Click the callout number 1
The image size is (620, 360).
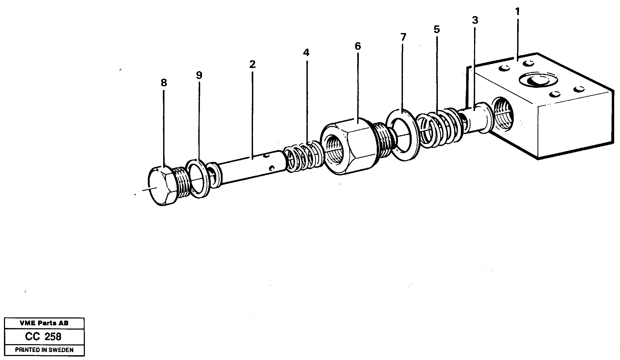(x=517, y=12)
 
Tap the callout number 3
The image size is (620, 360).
(x=475, y=20)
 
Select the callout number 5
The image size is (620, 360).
(x=437, y=29)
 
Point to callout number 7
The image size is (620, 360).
(x=403, y=37)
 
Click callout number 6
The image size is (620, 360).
(x=357, y=46)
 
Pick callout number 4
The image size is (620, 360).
(x=306, y=53)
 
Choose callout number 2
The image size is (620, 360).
(x=252, y=64)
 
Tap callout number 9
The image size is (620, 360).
(x=199, y=75)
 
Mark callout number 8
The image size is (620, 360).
(x=164, y=83)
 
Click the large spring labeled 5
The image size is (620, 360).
(x=439, y=127)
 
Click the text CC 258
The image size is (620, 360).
(x=43, y=336)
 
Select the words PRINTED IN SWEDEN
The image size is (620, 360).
(x=44, y=350)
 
